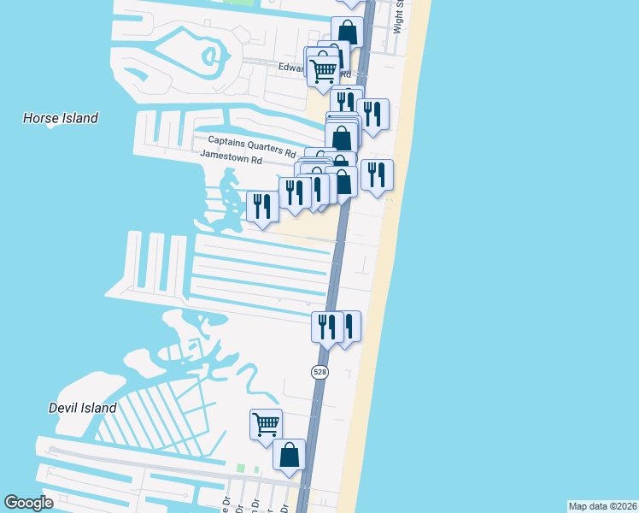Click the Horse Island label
(x=61, y=118)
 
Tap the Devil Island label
(x=83, y=408)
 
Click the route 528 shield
(x=319, y=371)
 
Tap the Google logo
(x=29, y=503)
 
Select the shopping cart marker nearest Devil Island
(x=267, y=422)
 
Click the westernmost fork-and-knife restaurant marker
(x=262, y=205)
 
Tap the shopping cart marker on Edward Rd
(x=323, y=70)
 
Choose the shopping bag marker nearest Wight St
(x=348, y=32)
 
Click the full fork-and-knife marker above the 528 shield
(x=327, y=327)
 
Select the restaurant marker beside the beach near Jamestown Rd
(x=377, y=174)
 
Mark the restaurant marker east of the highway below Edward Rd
(x=372, y=114)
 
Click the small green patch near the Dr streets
(x=247, y=469)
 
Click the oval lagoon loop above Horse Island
(x=210, y=57)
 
